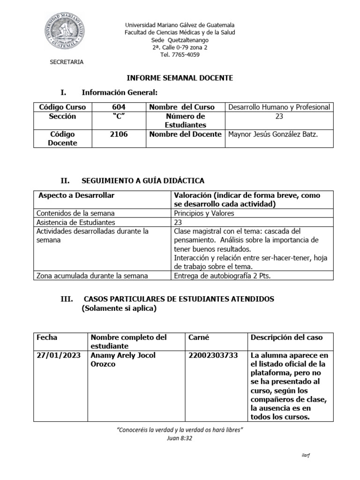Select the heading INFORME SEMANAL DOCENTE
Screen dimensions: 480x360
[x=180, y=78]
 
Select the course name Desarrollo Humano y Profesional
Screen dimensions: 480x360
[x=279, y=107]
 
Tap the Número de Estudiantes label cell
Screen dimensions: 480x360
[x=185, y=120]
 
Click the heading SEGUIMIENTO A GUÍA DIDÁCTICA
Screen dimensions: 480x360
[x=143, y=180]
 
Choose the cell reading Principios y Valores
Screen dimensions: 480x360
[x=204, y=213]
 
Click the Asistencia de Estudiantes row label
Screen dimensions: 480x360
[x=76, y=222]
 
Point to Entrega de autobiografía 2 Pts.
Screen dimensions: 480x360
[x=222, y=276]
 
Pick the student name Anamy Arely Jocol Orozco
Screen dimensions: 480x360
[x=123, y=360]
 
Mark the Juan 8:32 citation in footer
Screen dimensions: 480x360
[x=180, y=438]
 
